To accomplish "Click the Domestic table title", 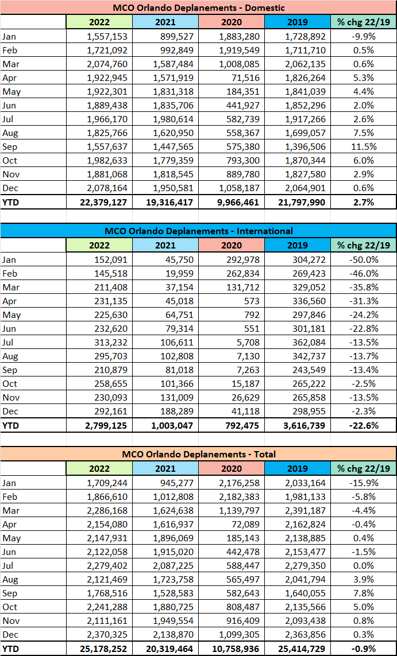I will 198,8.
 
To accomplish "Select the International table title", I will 198,231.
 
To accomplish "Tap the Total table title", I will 198,453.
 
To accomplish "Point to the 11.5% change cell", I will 364,146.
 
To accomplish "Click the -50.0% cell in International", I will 364,259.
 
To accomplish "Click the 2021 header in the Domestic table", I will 165,22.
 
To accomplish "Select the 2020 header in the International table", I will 232,245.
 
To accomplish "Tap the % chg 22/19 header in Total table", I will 364,468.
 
